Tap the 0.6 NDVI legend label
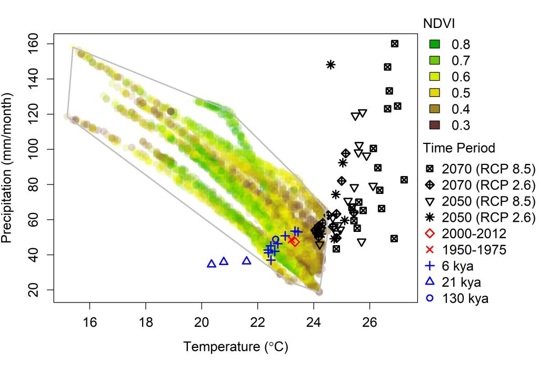[461, 76]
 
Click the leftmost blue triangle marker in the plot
[212, 264]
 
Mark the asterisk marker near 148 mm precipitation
[331, 65]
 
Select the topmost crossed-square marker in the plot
[395, 44]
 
